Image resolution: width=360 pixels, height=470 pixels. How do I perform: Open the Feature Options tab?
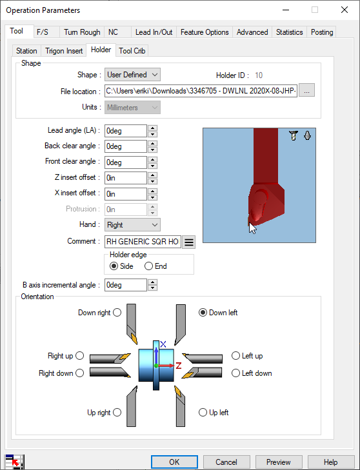(x=205, y=32)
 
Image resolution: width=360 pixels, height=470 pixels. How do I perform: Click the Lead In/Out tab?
(x=154, y=32)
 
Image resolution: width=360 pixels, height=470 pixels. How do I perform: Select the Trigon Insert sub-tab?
(x=64, y=51)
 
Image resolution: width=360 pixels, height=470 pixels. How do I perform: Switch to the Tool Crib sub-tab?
(x=132, y=51)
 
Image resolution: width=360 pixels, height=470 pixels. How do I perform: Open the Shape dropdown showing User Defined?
(x=132, y=75)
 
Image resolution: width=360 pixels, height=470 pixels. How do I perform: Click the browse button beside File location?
(x=306, y=90)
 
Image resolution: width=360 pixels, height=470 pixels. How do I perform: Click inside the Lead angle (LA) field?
(x=125, y=131)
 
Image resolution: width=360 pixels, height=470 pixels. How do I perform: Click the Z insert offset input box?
(x=125, y=178)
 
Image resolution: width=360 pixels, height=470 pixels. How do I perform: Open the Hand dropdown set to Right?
(x=132, y=225)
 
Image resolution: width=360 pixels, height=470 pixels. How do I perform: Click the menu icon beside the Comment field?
(x=189, y=242)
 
